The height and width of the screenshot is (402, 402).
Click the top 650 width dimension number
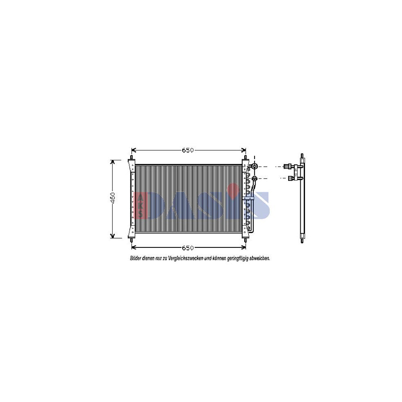[188, 151]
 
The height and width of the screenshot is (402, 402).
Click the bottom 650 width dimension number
[188, 248]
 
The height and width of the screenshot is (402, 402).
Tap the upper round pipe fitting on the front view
[255, 167]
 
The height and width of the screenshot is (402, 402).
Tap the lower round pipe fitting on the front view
[255, 179]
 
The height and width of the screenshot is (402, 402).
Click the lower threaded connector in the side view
[290, 179]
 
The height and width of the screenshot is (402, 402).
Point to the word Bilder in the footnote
[135, 259]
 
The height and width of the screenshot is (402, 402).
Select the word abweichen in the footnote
[260, 259]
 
